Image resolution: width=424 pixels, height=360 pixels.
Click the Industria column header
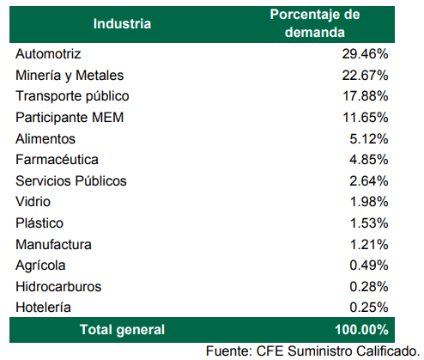pos(122,23)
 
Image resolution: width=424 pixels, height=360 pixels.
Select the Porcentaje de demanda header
pos(315,23)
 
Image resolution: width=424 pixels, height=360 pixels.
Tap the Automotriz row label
pos(48,54)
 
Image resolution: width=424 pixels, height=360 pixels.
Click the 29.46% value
pos(365,54)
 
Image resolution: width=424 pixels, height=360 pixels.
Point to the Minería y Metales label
pos(70,76)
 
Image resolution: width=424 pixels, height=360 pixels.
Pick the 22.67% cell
pos(365,76)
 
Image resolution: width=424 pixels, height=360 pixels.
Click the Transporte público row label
pos(72,96)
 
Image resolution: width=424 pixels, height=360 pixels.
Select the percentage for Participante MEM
pos(366,118)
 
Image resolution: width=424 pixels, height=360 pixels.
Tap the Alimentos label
pos(45,139)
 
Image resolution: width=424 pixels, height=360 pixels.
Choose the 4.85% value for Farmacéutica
pos(369,160)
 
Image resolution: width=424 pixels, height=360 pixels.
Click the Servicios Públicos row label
pos(71,181)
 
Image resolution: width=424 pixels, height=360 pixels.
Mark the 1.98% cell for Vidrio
pos(369,202)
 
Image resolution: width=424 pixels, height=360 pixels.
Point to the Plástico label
pos(39,223)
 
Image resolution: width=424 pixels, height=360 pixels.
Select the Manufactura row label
pos(53,245)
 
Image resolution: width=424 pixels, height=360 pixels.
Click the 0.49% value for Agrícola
pos(369,265)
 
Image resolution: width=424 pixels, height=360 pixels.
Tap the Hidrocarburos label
pos(58,287)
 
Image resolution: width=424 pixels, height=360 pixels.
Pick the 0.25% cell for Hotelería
pos(369,308)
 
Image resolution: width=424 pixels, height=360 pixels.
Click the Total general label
pos(122,330)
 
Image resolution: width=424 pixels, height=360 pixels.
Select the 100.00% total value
pos(361,330)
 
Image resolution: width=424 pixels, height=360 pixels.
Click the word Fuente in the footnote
pos(228,351)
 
